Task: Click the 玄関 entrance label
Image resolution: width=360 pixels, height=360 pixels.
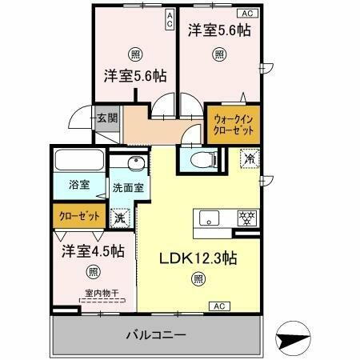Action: pyautogui.click(x=107, y=118)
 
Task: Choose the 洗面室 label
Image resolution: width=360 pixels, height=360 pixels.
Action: pyautogui.click(x=127, y=189)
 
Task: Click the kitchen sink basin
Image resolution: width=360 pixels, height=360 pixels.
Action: pyautogui.click(x=210, y=217)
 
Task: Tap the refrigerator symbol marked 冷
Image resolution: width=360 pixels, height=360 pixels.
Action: pyautogui.click(x=250, y=159)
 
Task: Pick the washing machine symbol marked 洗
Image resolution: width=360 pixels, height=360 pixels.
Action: pyautogui.click(x=119, y=216)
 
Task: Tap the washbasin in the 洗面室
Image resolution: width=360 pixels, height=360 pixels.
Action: pyautogui.click(x=130, y=166)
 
